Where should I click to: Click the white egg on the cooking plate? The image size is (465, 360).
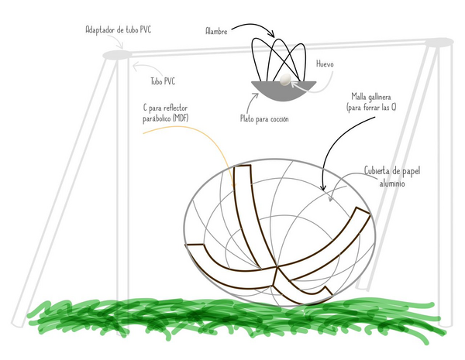click(x=285, y=80)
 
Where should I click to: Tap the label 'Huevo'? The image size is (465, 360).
click(x=325, y=64)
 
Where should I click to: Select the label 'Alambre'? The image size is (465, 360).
click(x=216, y=31)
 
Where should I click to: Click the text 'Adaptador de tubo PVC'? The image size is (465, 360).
click(x=119, y=29)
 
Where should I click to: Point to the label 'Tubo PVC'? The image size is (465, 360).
click(x=163, y=81)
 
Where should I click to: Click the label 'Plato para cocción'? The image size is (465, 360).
click(x=264, y=118)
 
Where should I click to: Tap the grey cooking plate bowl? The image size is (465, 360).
click(x=284, y=91)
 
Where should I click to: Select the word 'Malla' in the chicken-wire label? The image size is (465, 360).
click(x=358, y=97)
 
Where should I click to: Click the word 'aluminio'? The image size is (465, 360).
click(x=392, y=183)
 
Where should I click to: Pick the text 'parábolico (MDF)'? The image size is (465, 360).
click(x=166, y=118)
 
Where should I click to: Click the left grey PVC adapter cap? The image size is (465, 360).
click(x=117, y=55)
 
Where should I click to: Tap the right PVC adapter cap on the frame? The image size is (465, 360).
click(x=439, y=42)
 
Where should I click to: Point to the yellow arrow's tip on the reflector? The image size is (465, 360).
click(x=234, y=186)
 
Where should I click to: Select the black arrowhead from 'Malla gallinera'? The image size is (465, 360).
click(x=323, y=187)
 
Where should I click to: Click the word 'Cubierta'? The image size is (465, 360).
click(x=377, y=170)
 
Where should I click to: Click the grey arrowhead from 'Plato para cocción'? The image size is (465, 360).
click(x=255, y=95)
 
